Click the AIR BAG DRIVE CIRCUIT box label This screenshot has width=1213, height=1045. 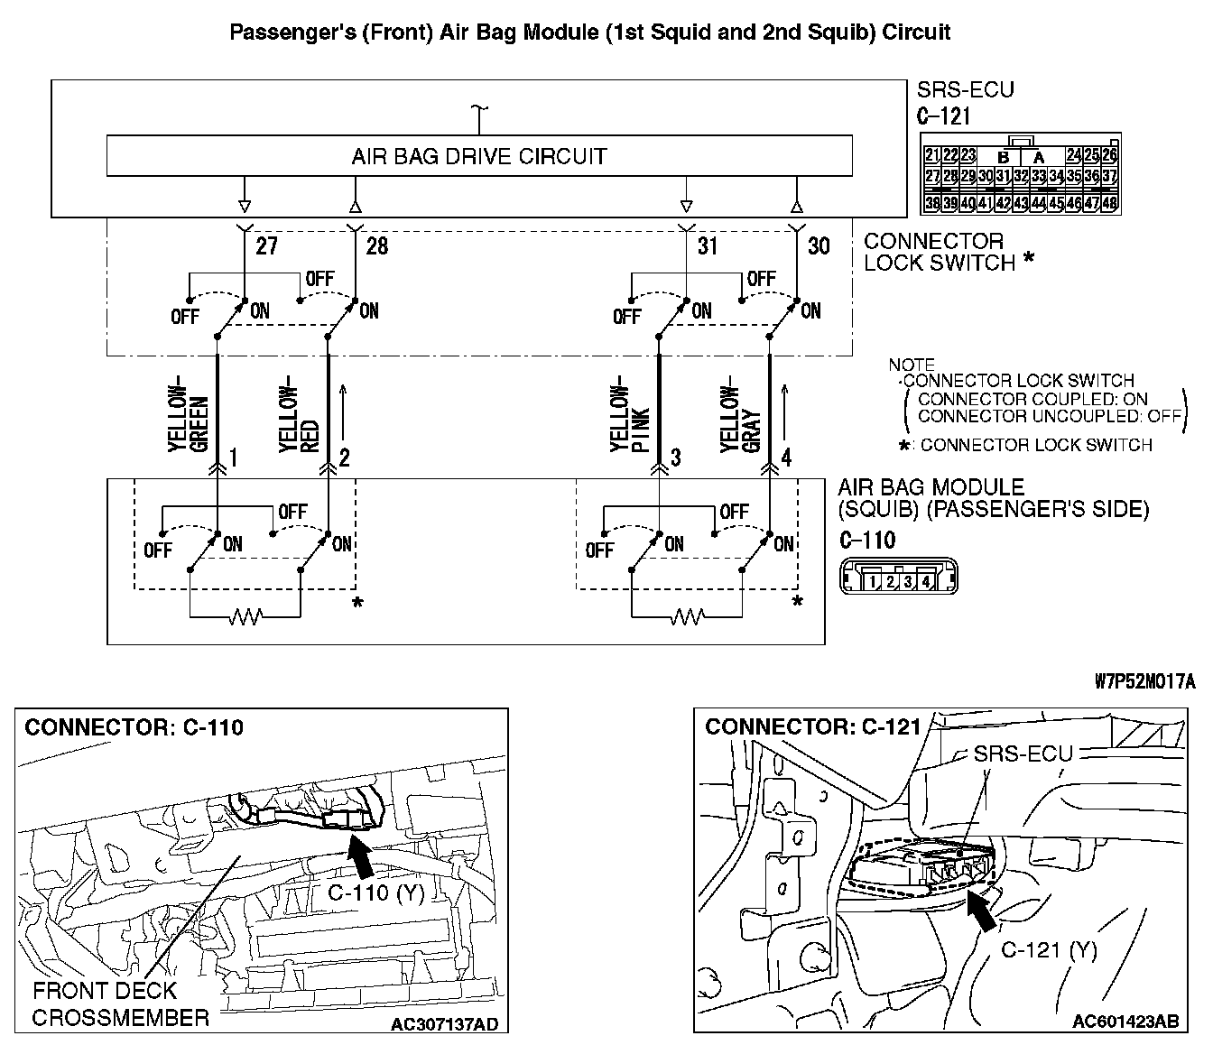click(x=478, y=157)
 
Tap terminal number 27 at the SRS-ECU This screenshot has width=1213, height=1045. click(x=267, y=245)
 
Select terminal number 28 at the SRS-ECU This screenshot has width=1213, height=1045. click(x=377, y=245)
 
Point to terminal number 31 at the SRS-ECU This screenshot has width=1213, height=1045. click(x=708, y=245)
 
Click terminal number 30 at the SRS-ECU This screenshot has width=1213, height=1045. click(x=819, y=245)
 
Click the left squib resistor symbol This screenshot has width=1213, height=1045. click(x=245, y=617)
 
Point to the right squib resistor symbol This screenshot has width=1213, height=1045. click(x=687, y=617)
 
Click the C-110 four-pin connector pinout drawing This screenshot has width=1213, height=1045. click(x=897, y=576)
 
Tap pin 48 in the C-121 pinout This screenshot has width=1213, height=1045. click(x=1109, y=204)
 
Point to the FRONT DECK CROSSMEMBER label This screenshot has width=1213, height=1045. click(x=120, y=1003)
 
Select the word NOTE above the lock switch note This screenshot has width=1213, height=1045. click(x=911, y=365)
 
